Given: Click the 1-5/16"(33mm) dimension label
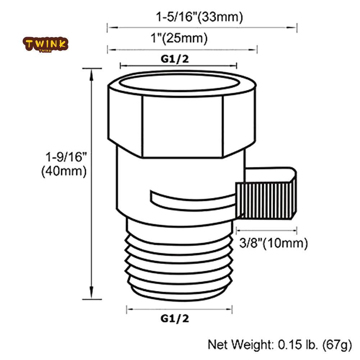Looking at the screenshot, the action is [199, 17].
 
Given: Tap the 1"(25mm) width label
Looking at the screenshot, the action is [179, 38].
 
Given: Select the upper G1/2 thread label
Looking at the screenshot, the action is [175, 59].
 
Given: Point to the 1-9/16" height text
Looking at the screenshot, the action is [66, 157].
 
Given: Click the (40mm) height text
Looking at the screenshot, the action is [64, 171].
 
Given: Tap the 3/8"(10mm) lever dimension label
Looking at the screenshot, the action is [273, 243].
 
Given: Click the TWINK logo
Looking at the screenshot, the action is [45, 44].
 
